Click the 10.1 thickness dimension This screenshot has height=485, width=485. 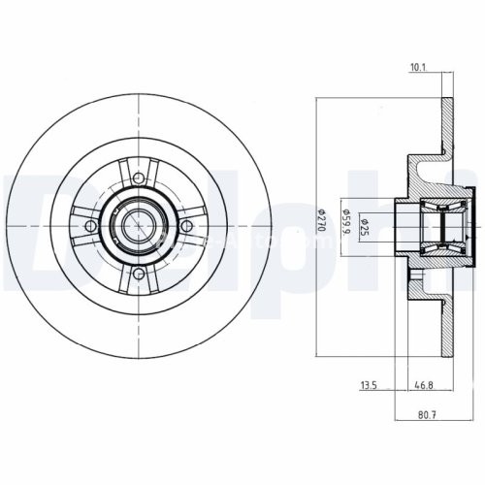click(x=419, y=68)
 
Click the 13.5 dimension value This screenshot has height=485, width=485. click(x=369, y=386)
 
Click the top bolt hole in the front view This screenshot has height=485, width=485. click(x=138, y=178)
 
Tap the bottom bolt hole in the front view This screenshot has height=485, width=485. click(x=138, y=274)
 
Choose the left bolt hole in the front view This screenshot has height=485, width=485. click(x=90, y=226)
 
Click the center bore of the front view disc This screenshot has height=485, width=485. click(x=138, y=226)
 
